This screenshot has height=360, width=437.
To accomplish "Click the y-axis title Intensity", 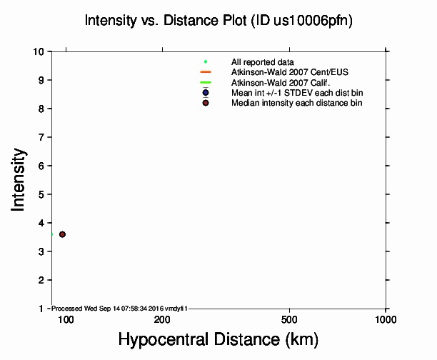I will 19,179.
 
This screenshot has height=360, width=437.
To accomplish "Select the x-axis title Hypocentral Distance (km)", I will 218,339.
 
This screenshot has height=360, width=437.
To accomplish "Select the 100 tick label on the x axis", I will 66,319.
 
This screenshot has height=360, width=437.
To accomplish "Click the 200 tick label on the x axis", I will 162,319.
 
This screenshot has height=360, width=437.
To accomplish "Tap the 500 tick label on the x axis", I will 289,319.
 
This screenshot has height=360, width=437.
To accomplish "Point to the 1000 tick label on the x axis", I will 386,319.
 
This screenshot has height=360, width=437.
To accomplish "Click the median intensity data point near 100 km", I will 62,234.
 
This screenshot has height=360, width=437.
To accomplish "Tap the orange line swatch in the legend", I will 206,72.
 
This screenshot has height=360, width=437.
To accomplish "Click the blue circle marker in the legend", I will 206,93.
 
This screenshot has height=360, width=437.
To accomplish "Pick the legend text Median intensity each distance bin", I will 296,103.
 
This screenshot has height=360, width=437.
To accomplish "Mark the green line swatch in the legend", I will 206,83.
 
